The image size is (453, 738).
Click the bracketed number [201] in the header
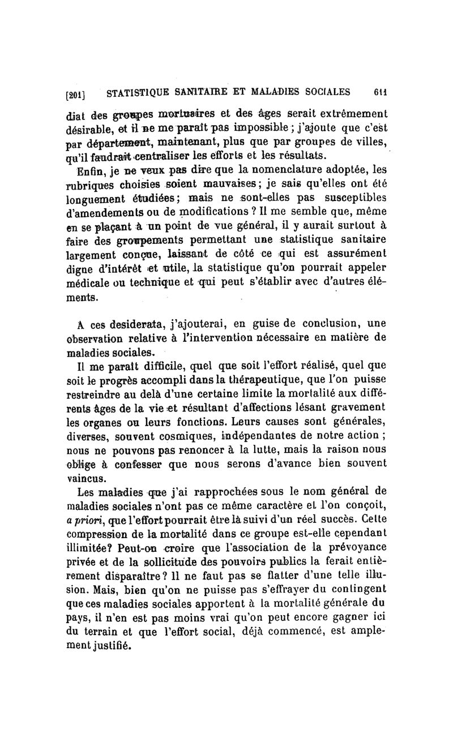[x=75, y=93]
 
